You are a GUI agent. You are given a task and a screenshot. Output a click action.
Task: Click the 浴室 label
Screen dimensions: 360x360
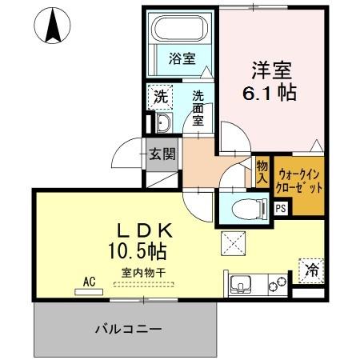click(182, 58)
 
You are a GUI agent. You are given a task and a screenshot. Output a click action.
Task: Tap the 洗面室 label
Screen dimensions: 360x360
click(198, 106)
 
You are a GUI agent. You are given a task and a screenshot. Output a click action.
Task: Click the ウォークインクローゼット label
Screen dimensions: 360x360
click(301, 180)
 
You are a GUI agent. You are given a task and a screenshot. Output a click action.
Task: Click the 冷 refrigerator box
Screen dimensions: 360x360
click(310, 270)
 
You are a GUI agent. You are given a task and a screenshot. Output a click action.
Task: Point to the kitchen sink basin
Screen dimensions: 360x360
click(242, 283)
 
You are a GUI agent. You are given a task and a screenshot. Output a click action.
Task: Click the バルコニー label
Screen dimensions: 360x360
click(128, 329)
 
